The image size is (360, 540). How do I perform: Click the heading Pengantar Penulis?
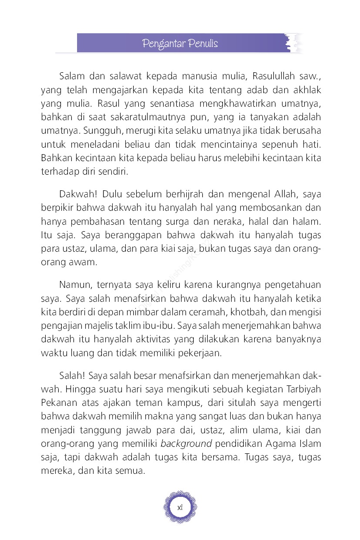[x=180, y=44]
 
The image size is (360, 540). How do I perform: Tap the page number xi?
[x=180, y=507]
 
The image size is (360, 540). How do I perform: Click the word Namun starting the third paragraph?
[x=74, y=285]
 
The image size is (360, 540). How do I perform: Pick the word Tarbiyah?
[x=303, y=389]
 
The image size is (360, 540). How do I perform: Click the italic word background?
[x=186, y=443]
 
